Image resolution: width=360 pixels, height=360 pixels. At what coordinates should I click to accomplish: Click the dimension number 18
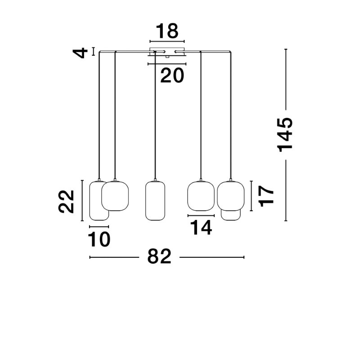pyautogui.click(x=167, y=31)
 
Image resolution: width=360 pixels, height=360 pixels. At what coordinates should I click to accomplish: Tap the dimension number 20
pyautogui.click(x=172, y=75)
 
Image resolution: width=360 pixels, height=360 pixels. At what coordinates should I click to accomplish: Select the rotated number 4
pyautogui.click(x=81, y=53)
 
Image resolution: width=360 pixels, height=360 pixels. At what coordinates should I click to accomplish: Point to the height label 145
pyautogui.click(x=285, y=135)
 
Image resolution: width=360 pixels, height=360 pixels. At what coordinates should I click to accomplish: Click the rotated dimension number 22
pyautogui.click(x=66, y=202)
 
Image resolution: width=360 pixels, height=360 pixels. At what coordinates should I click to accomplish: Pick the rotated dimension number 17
pyautogui.click(x=266, y=196)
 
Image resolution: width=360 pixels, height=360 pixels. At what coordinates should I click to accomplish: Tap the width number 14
pyautogui.click(x=201, y=228)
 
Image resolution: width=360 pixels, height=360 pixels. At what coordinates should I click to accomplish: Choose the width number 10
pyautogui.click(x=99, y=239)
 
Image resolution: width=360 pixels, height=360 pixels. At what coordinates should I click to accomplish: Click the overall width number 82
pyautogui.click(x=159, y=256)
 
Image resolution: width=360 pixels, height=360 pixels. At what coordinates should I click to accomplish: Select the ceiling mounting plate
pyautogui.click(x=167, y=52)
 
